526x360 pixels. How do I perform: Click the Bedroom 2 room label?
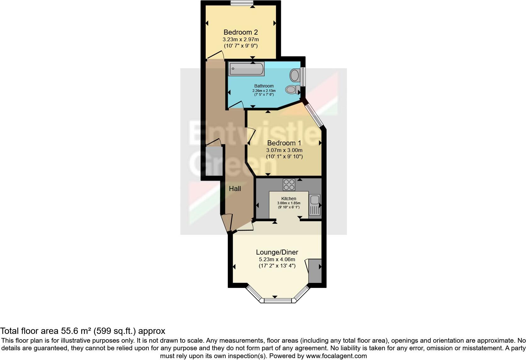(240, 32)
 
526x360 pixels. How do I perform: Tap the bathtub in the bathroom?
(246, 69)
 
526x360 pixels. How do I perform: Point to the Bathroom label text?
(264, 86)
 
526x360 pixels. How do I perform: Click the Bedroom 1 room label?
(284, 143)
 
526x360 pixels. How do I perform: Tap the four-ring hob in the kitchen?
(289, 184)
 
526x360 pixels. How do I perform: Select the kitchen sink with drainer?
(315, 205)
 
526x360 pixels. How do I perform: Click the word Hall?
(235, 188)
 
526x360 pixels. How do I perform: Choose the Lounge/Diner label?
(277, 252)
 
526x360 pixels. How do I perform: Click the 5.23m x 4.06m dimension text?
(277, 260)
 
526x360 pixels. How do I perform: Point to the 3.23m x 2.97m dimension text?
(240, 40)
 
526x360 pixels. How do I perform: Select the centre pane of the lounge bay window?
(278, 301)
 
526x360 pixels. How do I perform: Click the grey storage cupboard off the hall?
(214, 160)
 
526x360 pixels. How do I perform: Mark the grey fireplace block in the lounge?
(315, 271)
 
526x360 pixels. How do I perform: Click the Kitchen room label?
(288, 199)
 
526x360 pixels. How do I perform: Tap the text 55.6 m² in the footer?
(76, 331)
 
